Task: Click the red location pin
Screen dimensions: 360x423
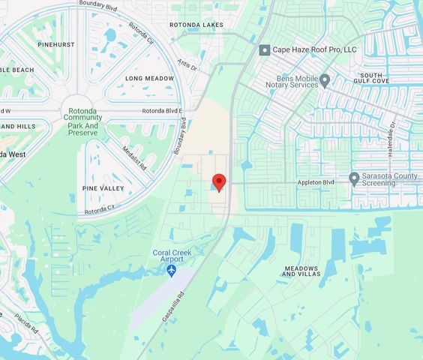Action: (x=219, y=182)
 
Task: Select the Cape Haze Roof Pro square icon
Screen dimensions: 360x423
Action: (x=264, y=50)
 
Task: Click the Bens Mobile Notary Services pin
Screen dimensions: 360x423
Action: (x=325, y=79)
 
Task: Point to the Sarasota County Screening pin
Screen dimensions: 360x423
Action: (x=354, y=178)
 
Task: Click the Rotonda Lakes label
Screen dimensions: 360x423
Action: (x=196, y=25)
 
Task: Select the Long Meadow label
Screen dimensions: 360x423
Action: (x=149, y=78)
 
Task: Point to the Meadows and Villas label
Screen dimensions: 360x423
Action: (x=300, y=271)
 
